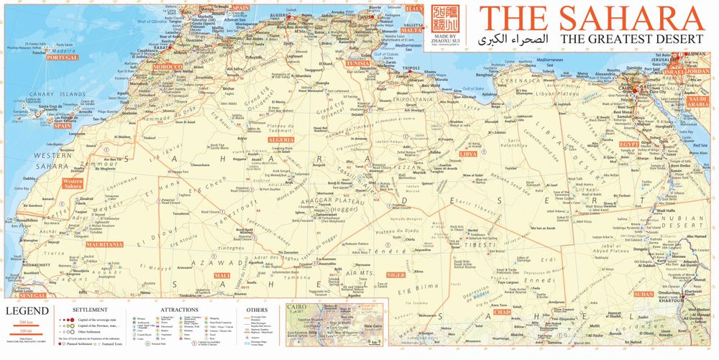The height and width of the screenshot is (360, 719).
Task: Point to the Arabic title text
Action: (x=521, y=37)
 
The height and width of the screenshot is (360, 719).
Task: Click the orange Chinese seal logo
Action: (x=445, y=19)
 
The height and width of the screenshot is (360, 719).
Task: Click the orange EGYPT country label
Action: (x=629, y=144)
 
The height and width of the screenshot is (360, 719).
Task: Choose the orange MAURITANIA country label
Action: (x=104, y=244)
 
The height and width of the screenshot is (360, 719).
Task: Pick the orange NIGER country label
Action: (x=396, y=274)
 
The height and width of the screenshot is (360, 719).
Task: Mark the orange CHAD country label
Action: (x=503, y=312)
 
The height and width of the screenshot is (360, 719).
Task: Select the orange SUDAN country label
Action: (x=643, y=294)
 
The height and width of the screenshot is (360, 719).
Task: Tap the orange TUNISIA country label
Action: (x=357, y=63)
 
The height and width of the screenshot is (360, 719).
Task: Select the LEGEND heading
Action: (x=28, y=310)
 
